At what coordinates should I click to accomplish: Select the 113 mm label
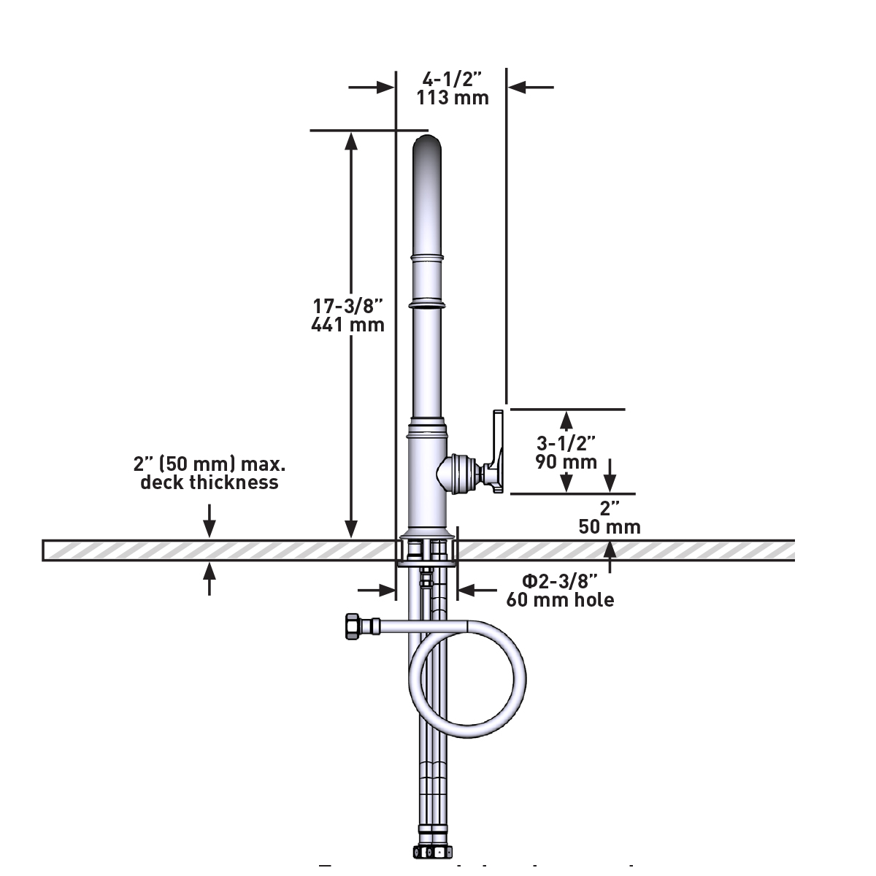pyautogui.click(x=453, y=97)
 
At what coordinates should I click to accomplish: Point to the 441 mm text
pyautogui.click(x=347, y=325)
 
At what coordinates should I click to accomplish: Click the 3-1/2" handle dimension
pyautogui.click(x=566, y=442)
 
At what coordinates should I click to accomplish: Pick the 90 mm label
pyautogui.click(x=566, y=461)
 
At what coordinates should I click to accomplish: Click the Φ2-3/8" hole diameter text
pyautogui.click(x=560, y=581)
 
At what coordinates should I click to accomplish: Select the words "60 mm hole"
pyautogui.click(x=560, y=600)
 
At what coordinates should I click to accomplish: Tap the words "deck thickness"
pyautogui.click(x=210, y=483)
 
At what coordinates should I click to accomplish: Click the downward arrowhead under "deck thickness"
pyautogui.click(x=210, y=531)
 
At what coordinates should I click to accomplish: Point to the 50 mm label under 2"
pyautogui.click(x=610, y=527)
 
